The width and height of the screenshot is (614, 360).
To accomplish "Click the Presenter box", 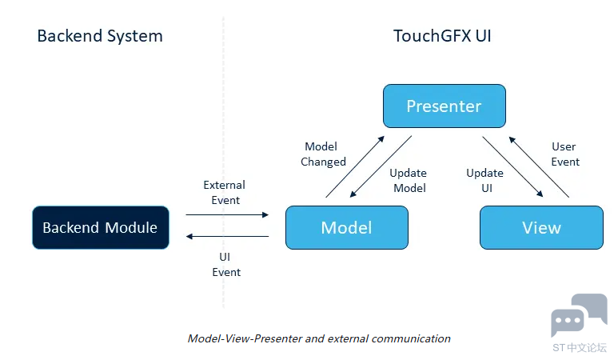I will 444,106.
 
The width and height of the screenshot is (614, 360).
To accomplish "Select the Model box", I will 346,227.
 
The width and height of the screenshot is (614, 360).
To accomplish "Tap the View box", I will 541,227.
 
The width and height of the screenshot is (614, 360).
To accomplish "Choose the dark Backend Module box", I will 100,227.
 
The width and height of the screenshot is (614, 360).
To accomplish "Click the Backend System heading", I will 99,36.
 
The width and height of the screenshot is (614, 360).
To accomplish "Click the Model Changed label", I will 323,154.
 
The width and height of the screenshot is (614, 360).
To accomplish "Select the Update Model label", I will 408,180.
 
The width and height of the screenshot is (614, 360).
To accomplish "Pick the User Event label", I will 564,154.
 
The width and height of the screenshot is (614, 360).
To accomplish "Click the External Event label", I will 225,192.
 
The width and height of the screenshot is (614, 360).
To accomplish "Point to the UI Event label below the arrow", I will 226,265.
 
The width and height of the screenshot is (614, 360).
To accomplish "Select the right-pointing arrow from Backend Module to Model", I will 228,214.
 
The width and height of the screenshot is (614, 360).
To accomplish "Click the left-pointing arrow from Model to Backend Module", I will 228,237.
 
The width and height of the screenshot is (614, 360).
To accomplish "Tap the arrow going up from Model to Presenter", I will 353,166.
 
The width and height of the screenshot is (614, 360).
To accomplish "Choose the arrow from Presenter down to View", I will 512,166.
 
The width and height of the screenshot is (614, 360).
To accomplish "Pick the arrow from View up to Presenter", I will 539,166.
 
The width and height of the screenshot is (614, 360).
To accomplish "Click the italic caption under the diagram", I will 319,338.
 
